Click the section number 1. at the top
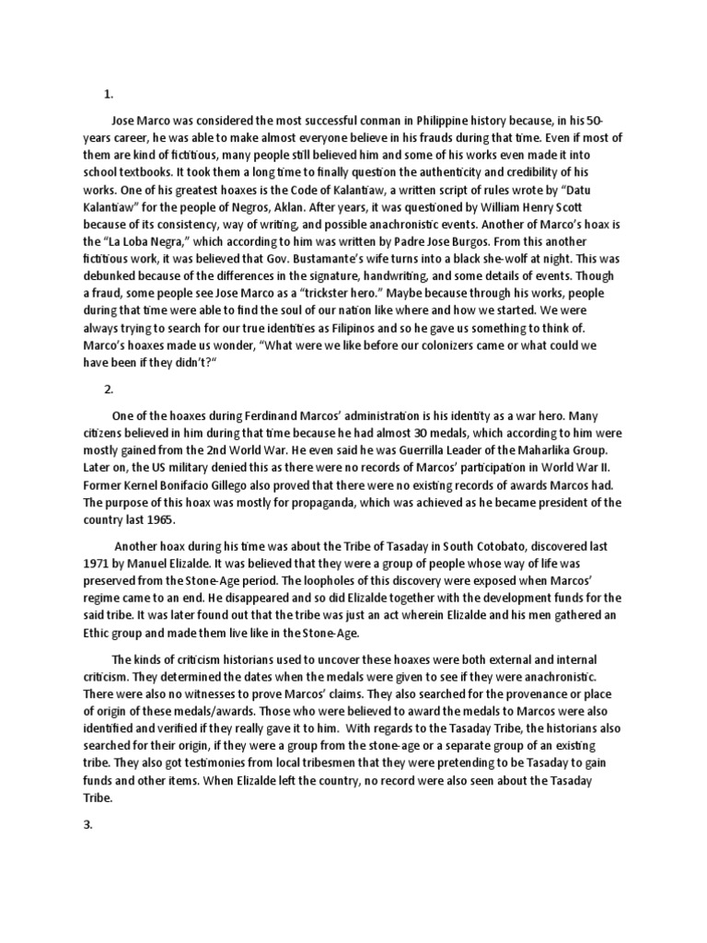pyautogui.click(x=108, y=93)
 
